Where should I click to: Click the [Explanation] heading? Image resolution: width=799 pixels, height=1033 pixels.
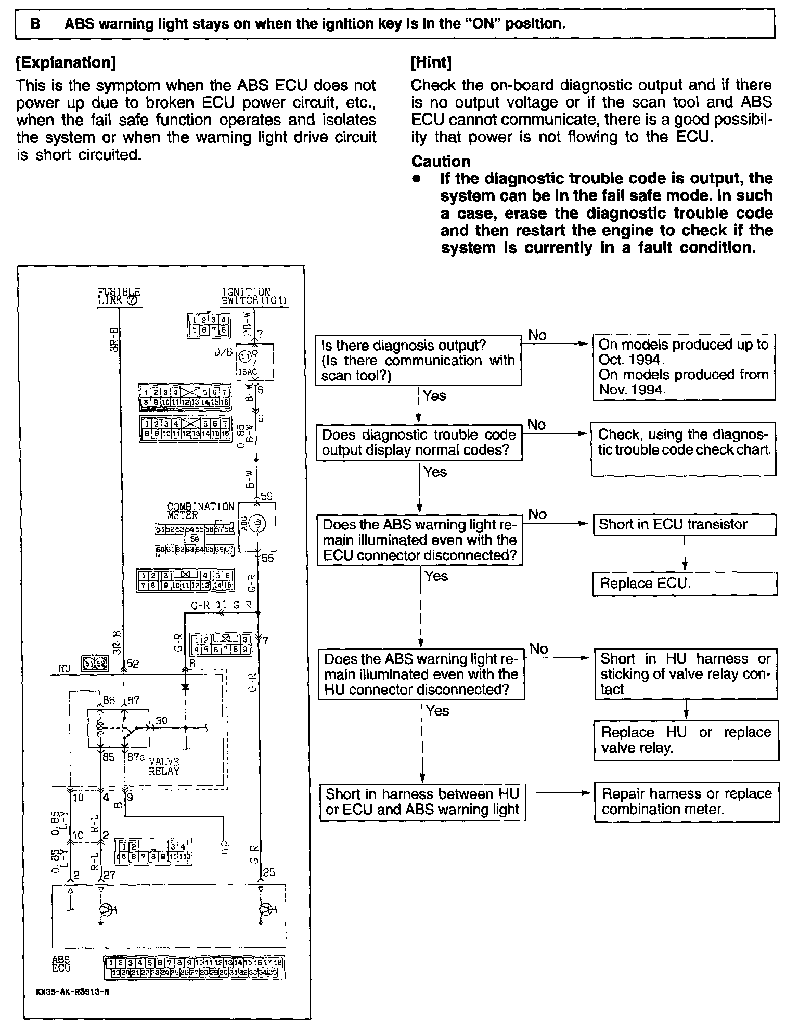66,63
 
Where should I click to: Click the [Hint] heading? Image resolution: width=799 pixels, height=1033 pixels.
431,62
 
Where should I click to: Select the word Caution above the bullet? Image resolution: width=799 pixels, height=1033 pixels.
441,161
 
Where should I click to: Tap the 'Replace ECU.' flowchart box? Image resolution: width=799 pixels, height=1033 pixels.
684,584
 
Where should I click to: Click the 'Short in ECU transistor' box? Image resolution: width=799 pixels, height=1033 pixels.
684,524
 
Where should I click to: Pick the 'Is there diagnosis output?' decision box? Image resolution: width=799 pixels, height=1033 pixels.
418,360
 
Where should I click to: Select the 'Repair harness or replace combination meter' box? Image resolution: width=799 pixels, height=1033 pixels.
686,801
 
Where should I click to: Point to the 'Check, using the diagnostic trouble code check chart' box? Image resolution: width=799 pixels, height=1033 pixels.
683,449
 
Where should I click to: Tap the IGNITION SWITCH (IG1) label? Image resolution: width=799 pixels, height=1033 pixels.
254,296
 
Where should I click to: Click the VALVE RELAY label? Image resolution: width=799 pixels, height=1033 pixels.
164,766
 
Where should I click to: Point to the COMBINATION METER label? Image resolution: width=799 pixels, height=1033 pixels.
200,511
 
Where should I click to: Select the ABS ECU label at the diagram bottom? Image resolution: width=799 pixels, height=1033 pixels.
61,964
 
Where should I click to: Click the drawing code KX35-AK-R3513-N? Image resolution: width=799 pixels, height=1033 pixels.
73,991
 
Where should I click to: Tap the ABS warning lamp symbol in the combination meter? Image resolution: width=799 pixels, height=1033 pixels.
257,524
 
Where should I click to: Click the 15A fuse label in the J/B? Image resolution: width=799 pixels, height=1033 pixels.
244,372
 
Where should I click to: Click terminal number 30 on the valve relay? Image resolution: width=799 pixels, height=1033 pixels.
162,721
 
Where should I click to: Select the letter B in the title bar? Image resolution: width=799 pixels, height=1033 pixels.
36,24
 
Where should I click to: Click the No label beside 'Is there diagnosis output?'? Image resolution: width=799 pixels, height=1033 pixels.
537,335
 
